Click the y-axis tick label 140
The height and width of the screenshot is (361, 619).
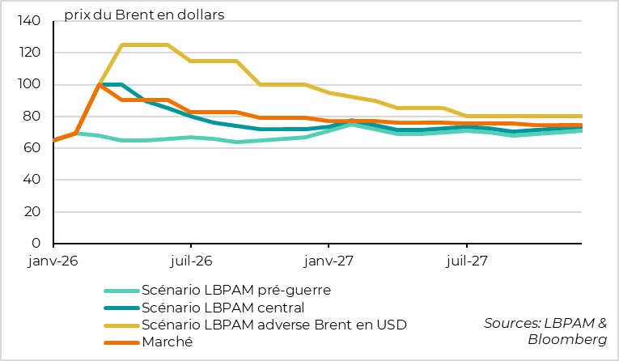tap(29, 21)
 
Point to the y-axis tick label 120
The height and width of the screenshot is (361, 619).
tap(29, 53)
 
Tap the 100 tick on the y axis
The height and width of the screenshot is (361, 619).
tap(29, 84)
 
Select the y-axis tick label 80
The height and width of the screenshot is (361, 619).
tap(32, 116)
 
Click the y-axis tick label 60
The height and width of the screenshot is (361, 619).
tap(32, 147)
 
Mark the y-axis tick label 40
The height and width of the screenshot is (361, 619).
tap(32, 180)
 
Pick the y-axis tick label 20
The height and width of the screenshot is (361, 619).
tap(32, 211)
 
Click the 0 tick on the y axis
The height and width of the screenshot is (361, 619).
tap(36, 243)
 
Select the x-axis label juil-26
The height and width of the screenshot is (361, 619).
tap(192, 261)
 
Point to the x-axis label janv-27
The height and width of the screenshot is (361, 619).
tap(329, 261)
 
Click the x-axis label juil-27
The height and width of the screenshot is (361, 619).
tap(467, 261)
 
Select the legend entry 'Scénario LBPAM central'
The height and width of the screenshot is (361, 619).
tap(223, 307)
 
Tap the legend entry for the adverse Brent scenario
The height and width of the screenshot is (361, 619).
tap(273, 325)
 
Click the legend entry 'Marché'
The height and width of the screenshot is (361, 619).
tap(167, 342)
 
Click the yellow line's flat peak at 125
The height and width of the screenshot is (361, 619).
tap(145, 45)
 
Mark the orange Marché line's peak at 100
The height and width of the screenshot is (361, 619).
tap(99, 84)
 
